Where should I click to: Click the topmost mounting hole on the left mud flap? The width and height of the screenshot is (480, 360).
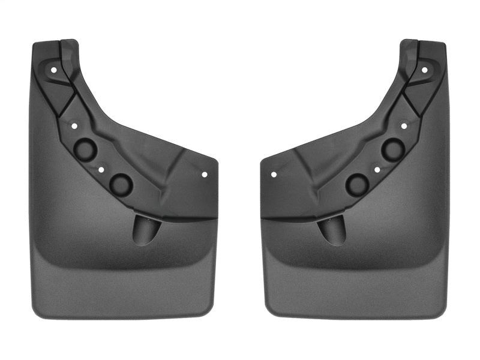[55, 70]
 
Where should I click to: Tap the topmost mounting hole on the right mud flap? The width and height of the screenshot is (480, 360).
[424, 70]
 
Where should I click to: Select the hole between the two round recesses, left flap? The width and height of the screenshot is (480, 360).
[101, 170]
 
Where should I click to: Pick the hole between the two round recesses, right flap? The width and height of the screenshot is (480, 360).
[377, 170]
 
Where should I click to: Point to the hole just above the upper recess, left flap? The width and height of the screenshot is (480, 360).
[74, 126]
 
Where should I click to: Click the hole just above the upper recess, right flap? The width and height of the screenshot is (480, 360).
[404, 126]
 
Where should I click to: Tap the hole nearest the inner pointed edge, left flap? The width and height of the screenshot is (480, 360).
[205, 174]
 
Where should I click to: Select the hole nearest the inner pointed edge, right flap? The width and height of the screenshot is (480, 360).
[274, 175]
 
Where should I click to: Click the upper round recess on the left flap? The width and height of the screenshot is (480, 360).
[85, 148]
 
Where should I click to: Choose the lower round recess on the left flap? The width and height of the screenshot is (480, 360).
[121, 184]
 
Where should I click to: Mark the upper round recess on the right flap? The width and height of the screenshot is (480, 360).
[392, 148]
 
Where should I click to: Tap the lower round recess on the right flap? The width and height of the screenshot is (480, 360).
[358, 184]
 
